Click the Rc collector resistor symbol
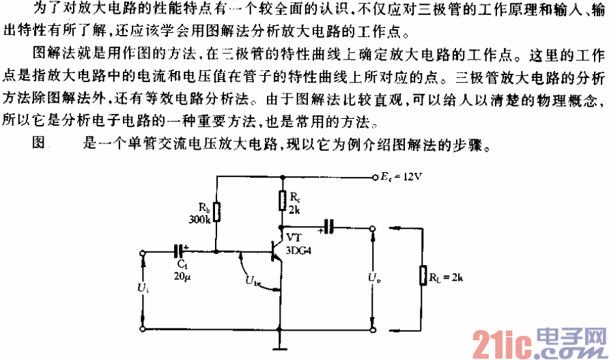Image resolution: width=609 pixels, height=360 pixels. click(x=281, y=200)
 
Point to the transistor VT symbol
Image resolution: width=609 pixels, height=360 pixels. click(x=277, y=253)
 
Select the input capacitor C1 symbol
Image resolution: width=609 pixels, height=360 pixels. click(x=179, y=251)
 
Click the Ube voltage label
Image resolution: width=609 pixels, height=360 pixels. click(x=252, y=280)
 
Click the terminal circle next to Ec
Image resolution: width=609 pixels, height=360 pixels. click(x=375, y=176)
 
